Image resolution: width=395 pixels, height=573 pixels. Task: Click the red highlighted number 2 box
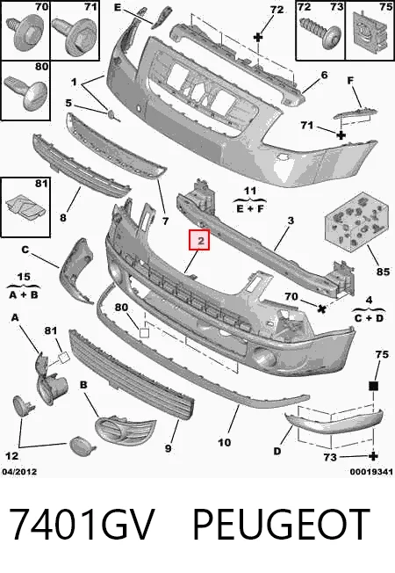pyautogui.click(x=199, y=240)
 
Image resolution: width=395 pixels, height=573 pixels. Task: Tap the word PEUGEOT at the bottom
pyautogui.click(x=281, y=524)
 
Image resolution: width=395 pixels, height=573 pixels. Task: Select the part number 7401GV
pyautogui.click(x=80, y=524)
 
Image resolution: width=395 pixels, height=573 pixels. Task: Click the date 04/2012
pyautogui.click(x=19, y=472)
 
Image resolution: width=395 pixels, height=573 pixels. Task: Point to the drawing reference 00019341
pyautogui.click(x=371, y=472)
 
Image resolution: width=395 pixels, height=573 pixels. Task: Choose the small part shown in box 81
pyautogui.click(x=25, y=208)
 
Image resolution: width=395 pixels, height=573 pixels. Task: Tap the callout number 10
pyautogui.click(x=224, y=443)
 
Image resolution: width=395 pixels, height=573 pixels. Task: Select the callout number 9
pyautogui.click(x=168, y=448)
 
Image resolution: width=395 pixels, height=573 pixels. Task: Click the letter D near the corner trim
pyautogui.click(x=277, y=452)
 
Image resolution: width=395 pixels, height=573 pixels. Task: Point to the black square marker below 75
pyautogui.click(x=373, y=386)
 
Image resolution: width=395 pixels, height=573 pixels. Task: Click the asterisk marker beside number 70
pyautogui.click(x=321, y=309)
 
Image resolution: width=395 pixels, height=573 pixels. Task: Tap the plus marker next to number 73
pyautogui.click(x=373, y=456)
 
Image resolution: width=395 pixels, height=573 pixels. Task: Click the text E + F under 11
pyautogui.click(x=250, y=209)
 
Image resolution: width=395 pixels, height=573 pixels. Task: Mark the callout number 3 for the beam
pyautogui.click(x=291, y=221)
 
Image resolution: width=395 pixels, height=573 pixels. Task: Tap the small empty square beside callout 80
pyautogui.click(x=145, y=332)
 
